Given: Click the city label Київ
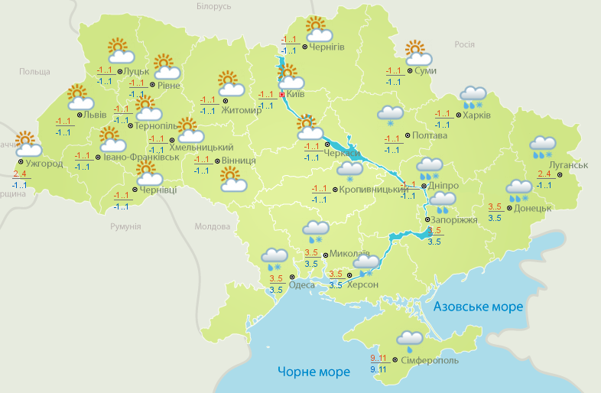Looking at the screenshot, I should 295,94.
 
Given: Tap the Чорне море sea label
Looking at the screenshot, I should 314,372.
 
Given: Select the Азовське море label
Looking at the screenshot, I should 478,307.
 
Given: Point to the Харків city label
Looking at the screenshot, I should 477,115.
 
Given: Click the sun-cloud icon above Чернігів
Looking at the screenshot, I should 318,30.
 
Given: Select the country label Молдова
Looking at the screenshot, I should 212,227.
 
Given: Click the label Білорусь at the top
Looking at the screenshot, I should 213,6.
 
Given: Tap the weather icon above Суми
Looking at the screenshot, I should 417,53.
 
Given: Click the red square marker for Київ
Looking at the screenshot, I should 281,95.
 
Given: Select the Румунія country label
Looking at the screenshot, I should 125,227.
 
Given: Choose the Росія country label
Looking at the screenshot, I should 465,44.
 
